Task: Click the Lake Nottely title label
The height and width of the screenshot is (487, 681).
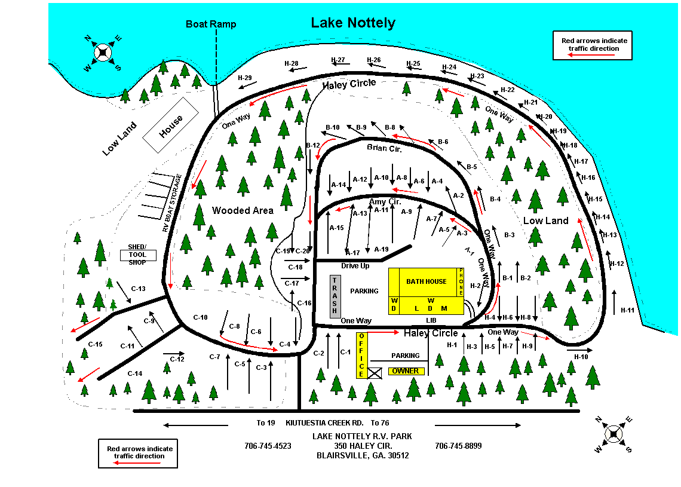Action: [x=353, y=23]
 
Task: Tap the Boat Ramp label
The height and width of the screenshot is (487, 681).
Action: [x=211, y=24]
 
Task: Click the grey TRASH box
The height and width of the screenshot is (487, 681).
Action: [x=335, y=296]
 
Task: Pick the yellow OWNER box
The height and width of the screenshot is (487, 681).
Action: [x=406, y=371]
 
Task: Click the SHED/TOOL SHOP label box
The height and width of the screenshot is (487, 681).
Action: [x=138, y=255]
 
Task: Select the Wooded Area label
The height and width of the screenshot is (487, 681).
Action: [x=243, y=210]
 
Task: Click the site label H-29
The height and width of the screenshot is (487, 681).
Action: [x=245, y=78]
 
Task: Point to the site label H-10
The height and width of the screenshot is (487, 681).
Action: [x=581, y=357]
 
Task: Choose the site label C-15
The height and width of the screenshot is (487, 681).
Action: [x=96, y=344]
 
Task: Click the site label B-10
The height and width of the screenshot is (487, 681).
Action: [x=333, y=127]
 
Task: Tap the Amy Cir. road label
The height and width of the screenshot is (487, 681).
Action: [x=385, y=202]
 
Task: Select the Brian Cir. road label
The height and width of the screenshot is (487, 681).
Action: [x=384, y=148]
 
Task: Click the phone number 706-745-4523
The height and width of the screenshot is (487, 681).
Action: [x=268, y=446]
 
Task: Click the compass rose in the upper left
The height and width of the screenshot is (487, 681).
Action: [x=103, y=53]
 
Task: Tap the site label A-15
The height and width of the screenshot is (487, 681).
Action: [x=336, y=228]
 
